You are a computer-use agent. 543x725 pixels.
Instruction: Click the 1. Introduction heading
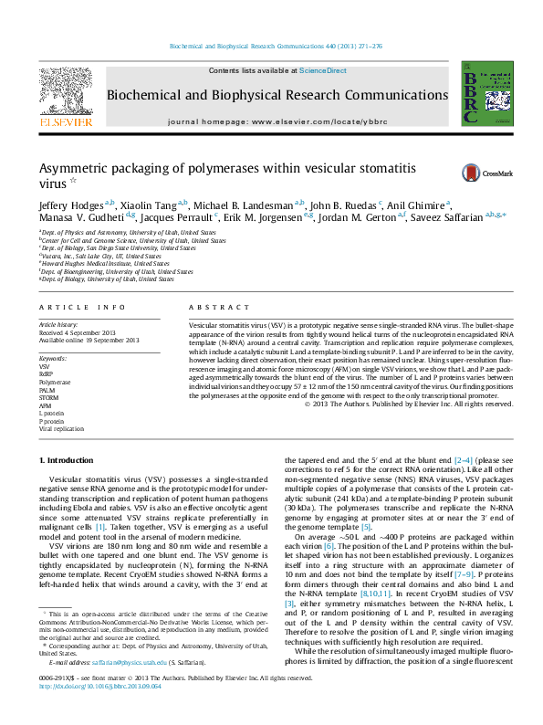69,459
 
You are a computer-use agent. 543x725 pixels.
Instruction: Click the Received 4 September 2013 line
81,332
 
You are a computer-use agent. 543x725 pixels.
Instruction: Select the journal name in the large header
271,96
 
